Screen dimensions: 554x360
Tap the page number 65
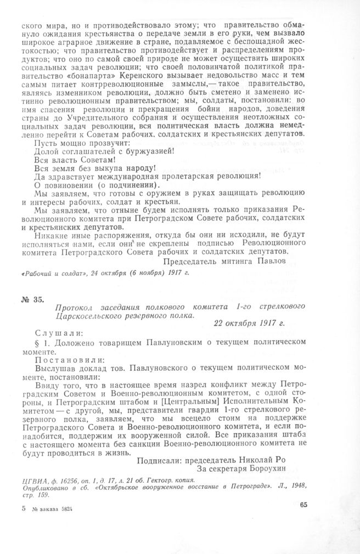306,505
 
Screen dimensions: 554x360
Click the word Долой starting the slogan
38,150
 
